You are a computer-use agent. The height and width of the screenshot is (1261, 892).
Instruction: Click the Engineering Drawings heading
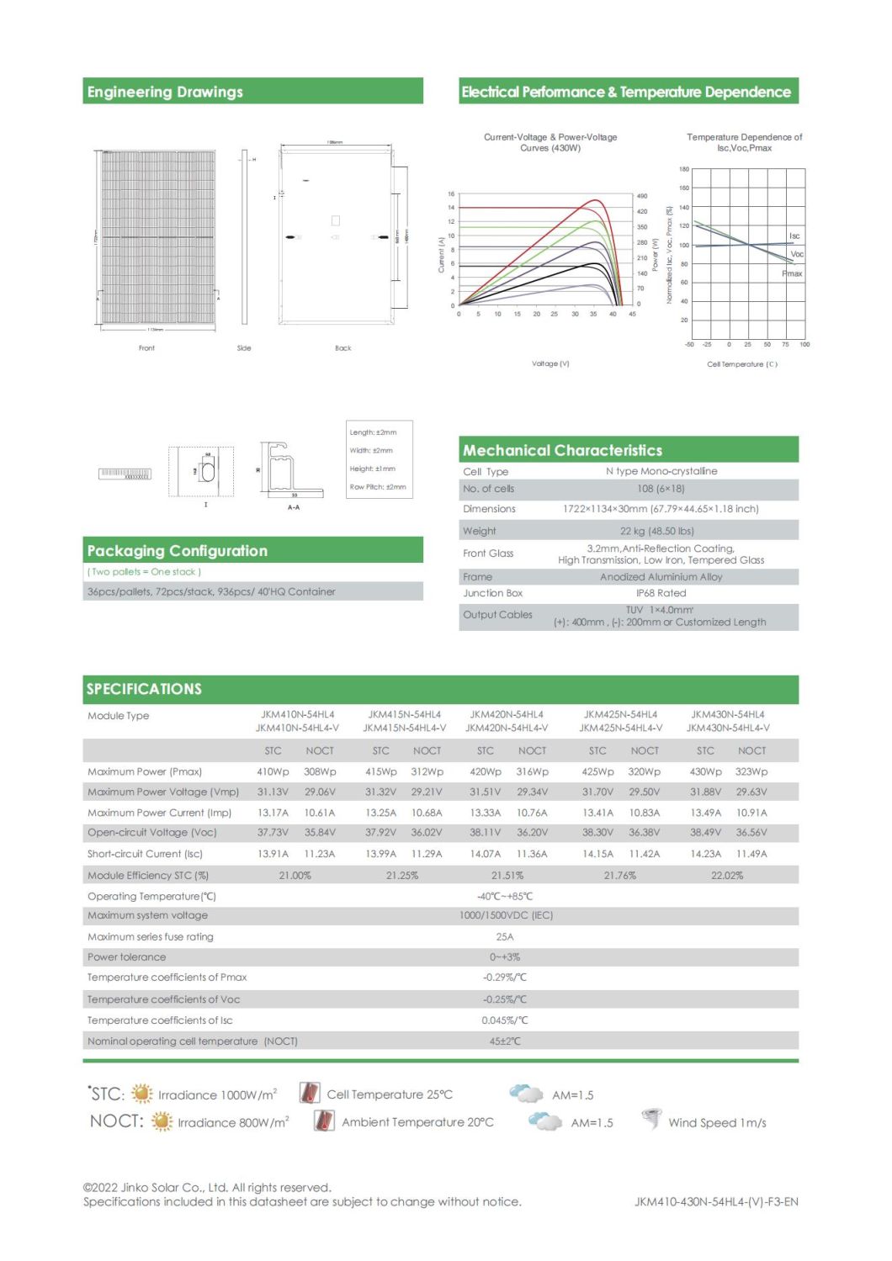[x=165, y=92]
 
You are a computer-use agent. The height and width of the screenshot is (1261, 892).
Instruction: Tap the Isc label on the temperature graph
[x=794, y=236]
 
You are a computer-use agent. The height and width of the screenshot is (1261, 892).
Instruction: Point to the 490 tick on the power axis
[x=642, y=196]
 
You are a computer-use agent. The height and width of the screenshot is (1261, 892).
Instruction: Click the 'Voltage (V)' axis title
[x=550, y=363]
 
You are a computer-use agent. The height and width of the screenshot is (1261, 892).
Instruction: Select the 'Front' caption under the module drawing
[x=146, y=347]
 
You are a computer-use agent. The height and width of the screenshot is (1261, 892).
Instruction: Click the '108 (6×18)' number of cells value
[x=661, y=489]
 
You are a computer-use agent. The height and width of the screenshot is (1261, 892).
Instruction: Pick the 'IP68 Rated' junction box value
[x=661, y=593]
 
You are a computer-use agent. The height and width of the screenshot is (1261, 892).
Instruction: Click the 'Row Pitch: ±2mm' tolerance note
[x=378, y=487]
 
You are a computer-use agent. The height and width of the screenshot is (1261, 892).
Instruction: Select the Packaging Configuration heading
[x=177, y=551]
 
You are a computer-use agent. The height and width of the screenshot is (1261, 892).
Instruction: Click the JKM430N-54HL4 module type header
[x=727, y=714]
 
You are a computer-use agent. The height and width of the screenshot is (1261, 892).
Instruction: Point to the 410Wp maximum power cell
[x=273, y=771]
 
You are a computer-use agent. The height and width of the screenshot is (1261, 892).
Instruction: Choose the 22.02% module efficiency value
[x=727, y=876]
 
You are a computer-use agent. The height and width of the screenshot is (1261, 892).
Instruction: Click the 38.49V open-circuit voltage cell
[x=705, y=832]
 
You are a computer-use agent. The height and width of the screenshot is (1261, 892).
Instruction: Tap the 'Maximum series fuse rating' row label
[x=151, y=936]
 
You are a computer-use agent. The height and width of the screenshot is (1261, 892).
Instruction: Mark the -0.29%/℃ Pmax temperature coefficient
[x=505, y=978]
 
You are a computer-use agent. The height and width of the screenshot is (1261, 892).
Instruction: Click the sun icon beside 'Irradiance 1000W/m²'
[x=142, y=1094]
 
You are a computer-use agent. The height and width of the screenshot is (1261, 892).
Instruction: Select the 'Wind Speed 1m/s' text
[x=717, y=1123]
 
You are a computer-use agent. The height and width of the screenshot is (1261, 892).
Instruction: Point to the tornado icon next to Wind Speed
[x=651, y=1120]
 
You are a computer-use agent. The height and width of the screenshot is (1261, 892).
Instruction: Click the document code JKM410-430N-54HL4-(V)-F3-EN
[x=716, y=1201]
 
